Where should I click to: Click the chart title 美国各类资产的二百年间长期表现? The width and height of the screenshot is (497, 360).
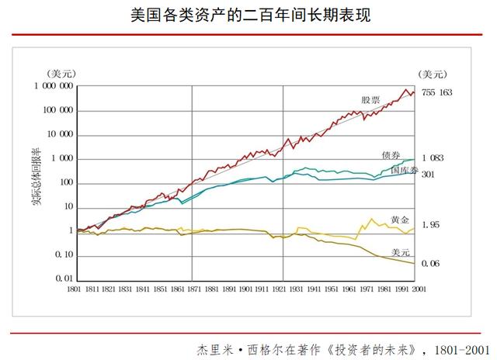248,15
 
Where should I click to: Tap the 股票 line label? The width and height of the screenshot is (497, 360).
370,100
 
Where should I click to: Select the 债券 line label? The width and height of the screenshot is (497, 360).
391,156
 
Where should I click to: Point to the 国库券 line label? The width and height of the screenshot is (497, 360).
404,169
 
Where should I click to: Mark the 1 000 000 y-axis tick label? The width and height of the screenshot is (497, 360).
54,86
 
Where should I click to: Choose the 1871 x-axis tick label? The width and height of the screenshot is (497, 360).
192,289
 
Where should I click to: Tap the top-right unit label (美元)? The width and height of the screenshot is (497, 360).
433,74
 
